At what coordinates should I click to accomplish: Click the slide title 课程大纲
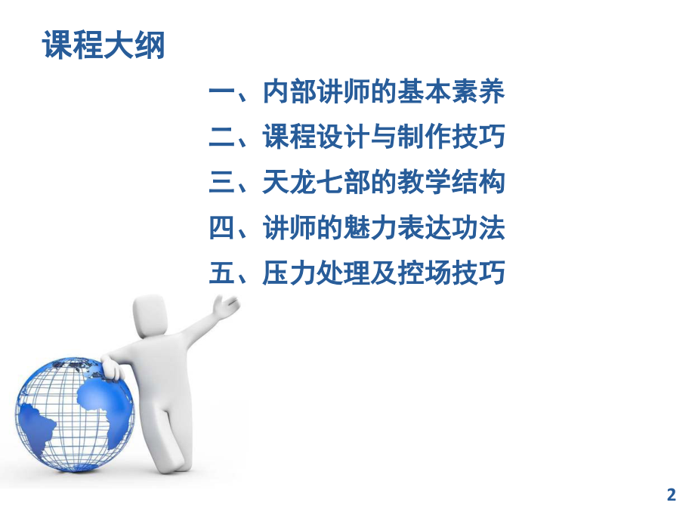(103, 46)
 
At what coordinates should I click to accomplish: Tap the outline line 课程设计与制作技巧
(383, 138)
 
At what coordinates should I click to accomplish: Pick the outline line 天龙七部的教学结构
(383, 183)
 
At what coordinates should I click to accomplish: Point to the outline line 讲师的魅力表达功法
(383, 228)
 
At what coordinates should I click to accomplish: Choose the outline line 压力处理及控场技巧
(383, 273)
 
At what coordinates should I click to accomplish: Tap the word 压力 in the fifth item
(286, 273)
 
